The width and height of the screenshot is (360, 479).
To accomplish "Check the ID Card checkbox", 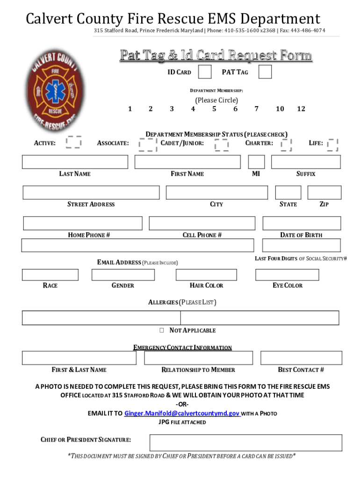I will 204,72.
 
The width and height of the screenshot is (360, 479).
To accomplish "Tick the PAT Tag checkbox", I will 265,72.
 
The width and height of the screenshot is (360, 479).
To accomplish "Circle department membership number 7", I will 256,109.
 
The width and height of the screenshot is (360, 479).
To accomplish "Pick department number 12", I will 301,109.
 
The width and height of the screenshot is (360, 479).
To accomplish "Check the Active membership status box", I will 74,142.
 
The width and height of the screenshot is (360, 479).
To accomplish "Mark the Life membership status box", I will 332,144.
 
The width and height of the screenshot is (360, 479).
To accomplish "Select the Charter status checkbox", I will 286,145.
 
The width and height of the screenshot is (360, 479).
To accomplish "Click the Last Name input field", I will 75,162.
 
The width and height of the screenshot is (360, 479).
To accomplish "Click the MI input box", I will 256,162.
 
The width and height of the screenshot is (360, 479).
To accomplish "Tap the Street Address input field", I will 91,193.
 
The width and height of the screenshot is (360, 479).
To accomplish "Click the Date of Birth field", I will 301,223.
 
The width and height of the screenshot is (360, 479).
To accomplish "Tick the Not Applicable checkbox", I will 161,330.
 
